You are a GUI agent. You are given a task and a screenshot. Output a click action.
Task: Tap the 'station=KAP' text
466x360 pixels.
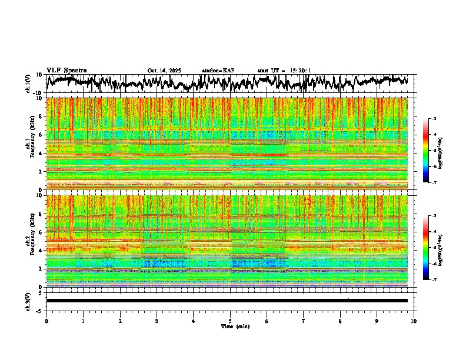point(218,71)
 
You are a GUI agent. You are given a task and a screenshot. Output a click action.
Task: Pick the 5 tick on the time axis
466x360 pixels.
point(230,321)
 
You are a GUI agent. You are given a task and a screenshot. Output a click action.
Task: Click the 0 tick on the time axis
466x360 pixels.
point(46,321)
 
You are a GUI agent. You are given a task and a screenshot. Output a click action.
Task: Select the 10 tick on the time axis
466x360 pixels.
point(414,321)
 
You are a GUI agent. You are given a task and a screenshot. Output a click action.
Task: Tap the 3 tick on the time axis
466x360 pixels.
point(157,321)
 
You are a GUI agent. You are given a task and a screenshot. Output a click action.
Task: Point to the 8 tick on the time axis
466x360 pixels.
point(340,321)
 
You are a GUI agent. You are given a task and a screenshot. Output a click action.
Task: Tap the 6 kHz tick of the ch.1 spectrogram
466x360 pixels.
point(40,135)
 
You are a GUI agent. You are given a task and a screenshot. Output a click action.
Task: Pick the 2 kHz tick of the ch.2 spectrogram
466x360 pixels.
point(40,269)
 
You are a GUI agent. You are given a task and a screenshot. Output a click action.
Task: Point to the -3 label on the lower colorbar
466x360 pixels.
point(435,216)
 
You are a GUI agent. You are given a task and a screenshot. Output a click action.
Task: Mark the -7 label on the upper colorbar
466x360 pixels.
point(435,182)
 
